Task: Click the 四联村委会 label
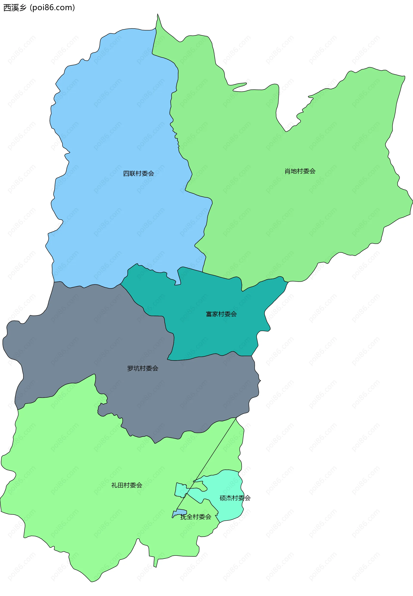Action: [139, 173]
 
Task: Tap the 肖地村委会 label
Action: [300, 171]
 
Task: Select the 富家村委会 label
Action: [221, 314]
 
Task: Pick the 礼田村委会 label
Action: [126, 485]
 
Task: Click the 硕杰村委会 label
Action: [235, 498]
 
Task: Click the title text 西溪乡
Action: [15, 8]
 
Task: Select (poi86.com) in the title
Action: [52, 8]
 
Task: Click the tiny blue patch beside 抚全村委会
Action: [180, 512]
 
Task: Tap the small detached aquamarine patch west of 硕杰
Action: [181, 490]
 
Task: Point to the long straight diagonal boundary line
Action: [212, 453]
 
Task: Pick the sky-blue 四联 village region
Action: [116, 129]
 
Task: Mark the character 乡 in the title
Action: [23, 8]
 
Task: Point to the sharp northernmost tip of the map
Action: [158, 14]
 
